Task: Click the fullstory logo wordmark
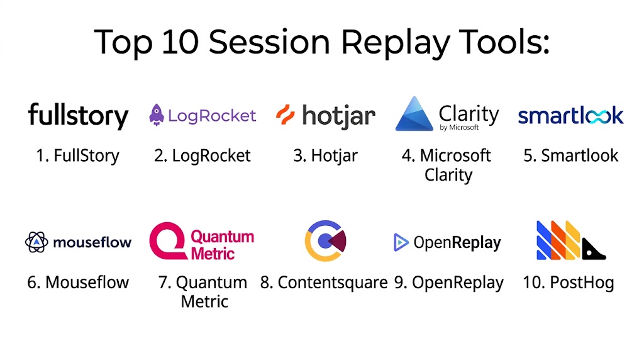(x=78, y=116)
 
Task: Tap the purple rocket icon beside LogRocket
(x=157, y=115)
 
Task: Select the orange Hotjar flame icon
(x=286, y=115)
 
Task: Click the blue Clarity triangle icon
(x=414, y=114)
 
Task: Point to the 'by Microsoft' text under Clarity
(x=459, y=127)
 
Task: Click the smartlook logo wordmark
(x=571, y=115)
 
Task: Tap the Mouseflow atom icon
(x=36, y=242)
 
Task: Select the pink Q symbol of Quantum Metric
(x=169, y=241)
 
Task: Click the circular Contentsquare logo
(x=325, y=241)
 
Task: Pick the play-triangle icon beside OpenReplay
(x=401, y=242)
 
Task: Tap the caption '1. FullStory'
(x=77, y=155)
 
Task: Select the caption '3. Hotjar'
(x=325, y=156)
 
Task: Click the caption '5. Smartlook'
(x=571, y=155)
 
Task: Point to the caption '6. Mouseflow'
(x=78, y=283)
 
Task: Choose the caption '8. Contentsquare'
(x=324, y=283)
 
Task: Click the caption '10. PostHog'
(x=569, y=283)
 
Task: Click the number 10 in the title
(x=180, y=42)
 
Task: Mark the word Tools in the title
(x=504, y=42)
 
